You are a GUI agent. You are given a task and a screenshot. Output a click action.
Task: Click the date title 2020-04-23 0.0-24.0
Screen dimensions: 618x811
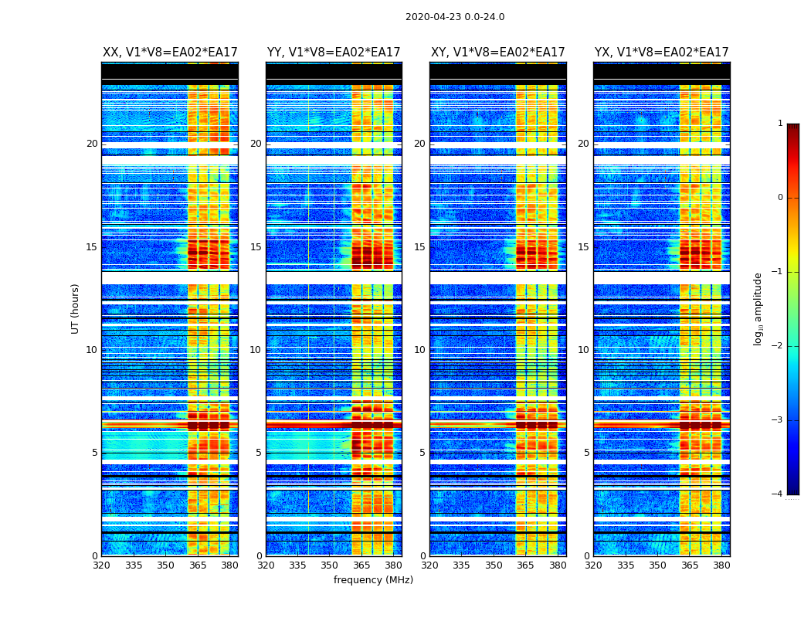[455, 17]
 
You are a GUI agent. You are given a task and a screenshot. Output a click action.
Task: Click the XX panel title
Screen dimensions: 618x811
[170, 53]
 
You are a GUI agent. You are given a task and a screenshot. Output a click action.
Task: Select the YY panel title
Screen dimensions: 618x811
[334, 53]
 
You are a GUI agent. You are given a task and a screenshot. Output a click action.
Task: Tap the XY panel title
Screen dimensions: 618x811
[497, 53]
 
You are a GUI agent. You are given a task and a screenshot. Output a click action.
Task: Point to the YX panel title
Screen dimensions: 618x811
[661, 53]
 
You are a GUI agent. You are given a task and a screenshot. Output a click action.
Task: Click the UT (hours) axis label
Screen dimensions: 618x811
[76, 308]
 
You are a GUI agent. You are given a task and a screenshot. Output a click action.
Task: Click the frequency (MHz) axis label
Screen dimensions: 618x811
[373, 580]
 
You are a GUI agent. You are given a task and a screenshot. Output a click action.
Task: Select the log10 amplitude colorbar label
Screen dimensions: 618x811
[758, 308]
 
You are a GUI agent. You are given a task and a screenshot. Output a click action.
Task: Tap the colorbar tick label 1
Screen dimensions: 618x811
[780, 124]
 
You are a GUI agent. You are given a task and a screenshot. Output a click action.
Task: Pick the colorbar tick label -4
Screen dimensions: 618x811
[778, 494]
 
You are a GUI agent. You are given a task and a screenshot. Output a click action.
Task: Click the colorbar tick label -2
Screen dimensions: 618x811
[778, 346]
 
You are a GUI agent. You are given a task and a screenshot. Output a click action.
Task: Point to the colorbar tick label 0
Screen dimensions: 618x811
[780, 198]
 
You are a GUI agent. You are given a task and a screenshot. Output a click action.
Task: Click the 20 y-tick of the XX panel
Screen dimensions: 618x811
[92, 144]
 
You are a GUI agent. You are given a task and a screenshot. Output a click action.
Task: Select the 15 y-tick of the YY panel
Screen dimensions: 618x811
[256, 247]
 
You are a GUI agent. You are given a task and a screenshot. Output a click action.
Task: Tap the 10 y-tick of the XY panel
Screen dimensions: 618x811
[419, 350]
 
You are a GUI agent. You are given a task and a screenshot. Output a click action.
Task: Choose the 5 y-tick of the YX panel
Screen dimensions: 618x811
[586, 453]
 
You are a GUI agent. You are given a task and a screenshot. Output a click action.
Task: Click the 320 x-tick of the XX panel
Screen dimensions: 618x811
[101, 565]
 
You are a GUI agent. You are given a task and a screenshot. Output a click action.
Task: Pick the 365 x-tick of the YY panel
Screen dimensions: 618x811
[361, 565]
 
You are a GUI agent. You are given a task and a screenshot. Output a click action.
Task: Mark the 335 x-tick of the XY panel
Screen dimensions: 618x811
[462, 565]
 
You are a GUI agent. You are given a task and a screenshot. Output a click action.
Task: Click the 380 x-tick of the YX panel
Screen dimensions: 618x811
[721, 565]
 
